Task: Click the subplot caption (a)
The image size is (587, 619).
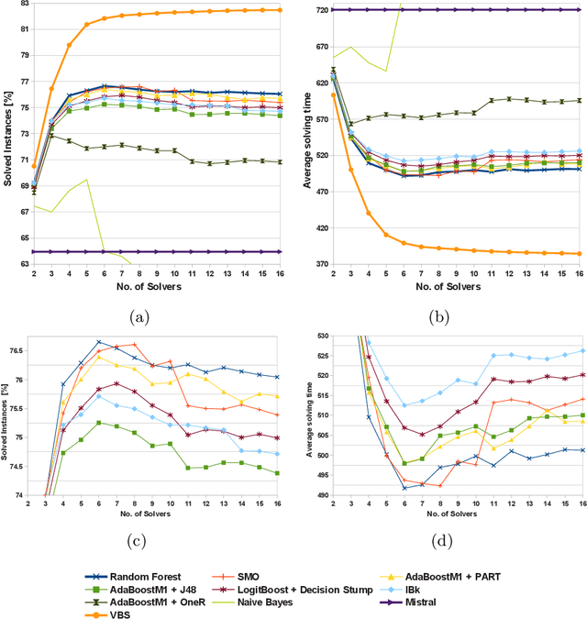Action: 138,316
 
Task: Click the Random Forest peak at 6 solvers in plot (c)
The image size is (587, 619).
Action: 98,342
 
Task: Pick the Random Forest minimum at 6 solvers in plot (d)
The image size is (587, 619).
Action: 404,488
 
